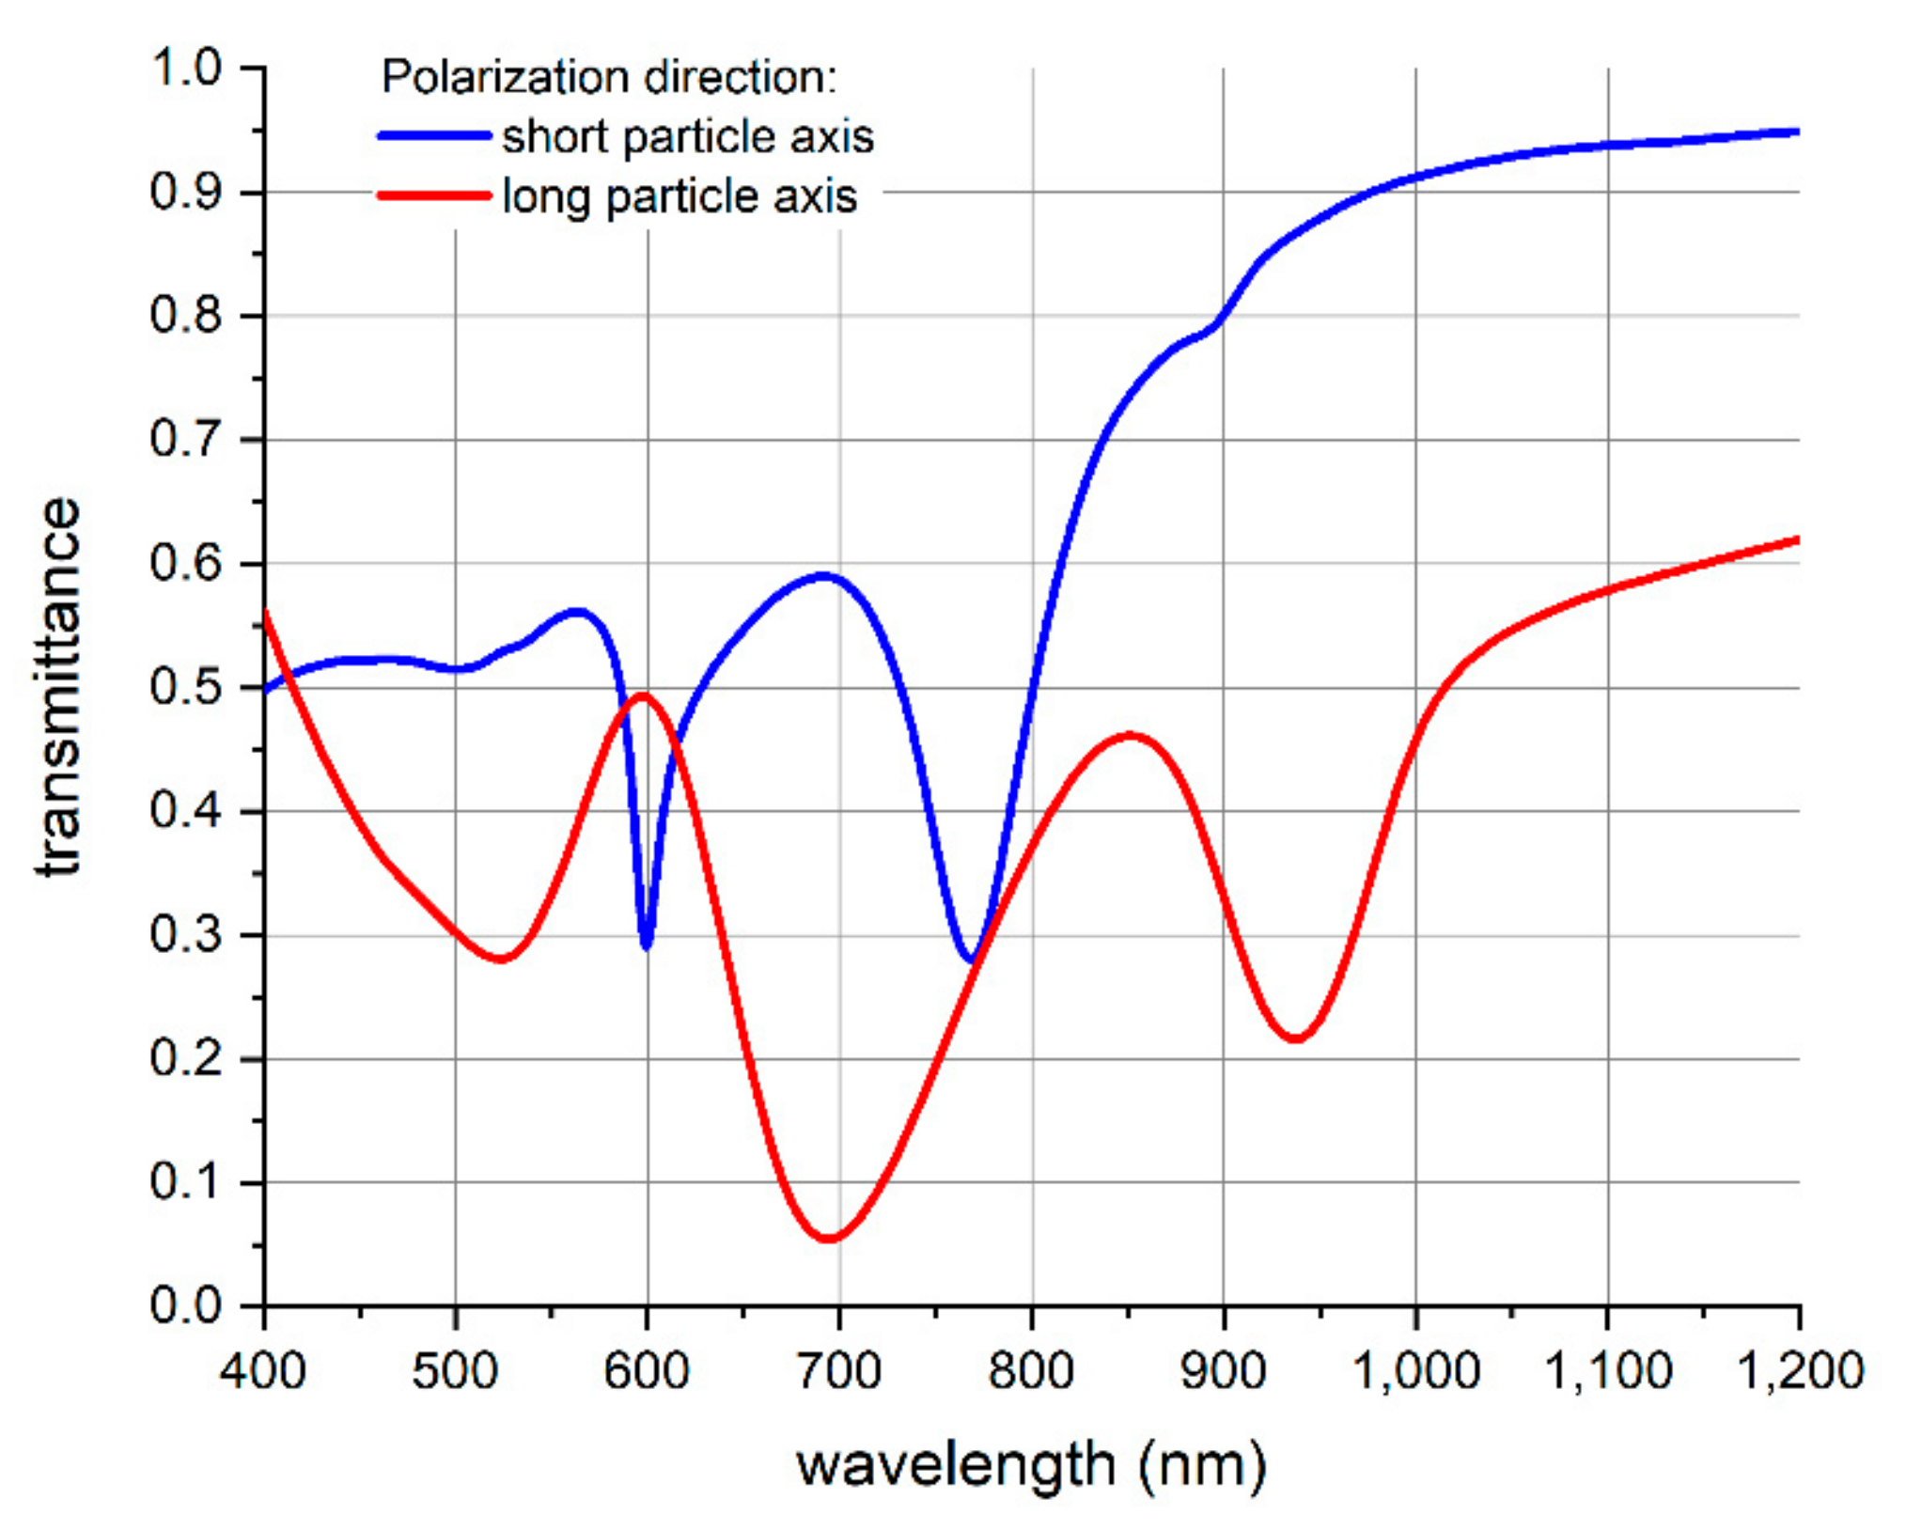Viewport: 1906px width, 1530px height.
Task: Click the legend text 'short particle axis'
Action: pos(687,137)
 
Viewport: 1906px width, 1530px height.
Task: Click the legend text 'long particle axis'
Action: pos(680,196)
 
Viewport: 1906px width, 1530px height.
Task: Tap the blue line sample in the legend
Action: pos(434,136)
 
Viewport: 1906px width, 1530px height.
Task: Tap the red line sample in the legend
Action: pos(434,195)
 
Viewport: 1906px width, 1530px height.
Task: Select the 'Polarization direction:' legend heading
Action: pos(608,77)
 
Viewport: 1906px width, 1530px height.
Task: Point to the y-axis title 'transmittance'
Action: pos(58,686)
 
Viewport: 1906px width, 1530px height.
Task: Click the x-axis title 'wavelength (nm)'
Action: pos(1031,1464)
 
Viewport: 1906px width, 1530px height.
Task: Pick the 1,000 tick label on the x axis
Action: pos(1414,1370)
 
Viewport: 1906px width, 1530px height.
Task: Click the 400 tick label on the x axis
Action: pos(263,1370)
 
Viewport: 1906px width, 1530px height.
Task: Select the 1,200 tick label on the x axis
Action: pos(1798,1370)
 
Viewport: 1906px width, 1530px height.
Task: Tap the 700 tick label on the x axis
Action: pos(838,1370)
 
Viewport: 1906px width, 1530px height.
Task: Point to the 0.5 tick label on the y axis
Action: pos(185,687)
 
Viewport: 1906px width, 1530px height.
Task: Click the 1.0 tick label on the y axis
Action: pos(185,69)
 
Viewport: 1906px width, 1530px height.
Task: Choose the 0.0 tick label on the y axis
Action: pos(185,1306)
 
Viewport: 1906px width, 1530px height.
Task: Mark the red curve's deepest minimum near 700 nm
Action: pos(829,1238)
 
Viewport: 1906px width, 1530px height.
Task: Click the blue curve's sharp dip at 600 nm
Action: pos(646,945)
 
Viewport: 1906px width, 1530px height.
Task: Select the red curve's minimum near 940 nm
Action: pos(1295,1038)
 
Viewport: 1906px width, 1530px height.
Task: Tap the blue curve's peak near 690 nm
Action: pos(823,575)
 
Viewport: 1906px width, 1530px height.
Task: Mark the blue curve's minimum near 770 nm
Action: pos(972,960)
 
